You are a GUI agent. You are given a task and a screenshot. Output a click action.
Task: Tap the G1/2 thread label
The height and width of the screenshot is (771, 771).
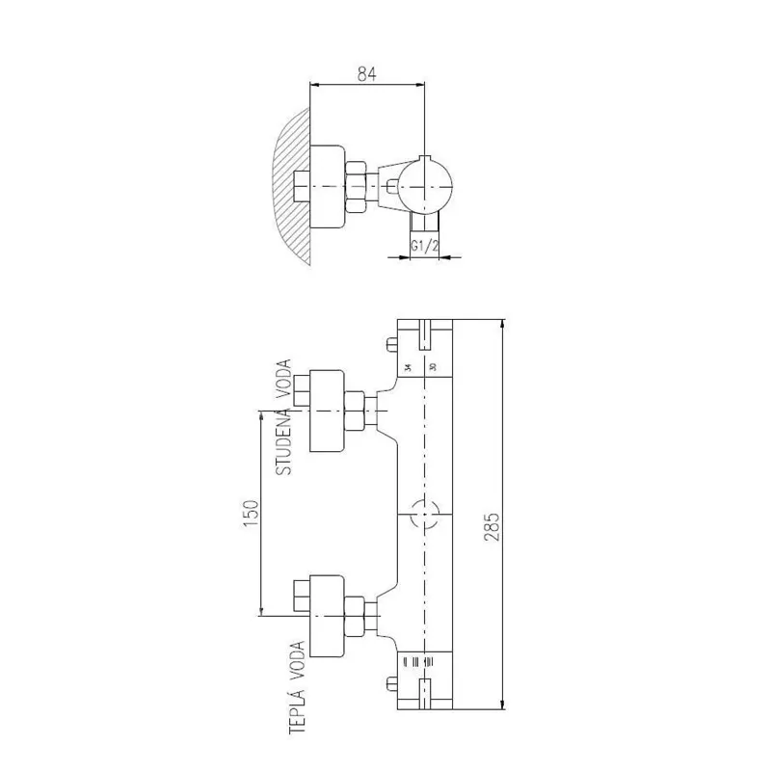point(425,246)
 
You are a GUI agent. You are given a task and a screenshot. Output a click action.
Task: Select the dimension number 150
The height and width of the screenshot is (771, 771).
point(250,512)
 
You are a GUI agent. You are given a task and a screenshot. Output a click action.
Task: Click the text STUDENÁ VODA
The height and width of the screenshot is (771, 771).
point(283,416)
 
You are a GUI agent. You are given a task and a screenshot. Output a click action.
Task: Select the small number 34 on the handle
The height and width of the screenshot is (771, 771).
point(408,368)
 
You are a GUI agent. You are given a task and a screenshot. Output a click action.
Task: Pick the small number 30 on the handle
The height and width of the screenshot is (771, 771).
point(433,368)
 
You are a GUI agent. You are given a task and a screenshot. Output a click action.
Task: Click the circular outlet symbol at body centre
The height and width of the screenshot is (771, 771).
point(421,515)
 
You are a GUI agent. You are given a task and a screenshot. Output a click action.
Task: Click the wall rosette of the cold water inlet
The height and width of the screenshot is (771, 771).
point(327,411)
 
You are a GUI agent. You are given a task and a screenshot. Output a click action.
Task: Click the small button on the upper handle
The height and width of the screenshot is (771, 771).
point(389,345)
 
